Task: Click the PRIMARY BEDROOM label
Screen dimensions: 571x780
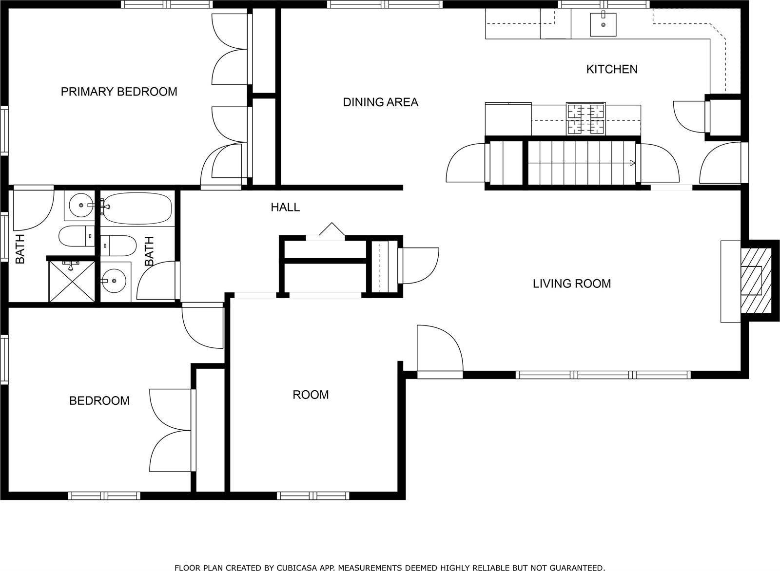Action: coord(119,92)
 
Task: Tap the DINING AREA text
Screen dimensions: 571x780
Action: coord(380,102)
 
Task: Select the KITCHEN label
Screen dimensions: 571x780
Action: coord(611,69)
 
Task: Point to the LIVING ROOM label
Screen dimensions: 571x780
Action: coord(571,284)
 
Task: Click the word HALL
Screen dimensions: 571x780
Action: coord(285,208)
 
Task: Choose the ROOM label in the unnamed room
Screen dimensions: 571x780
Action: coord(311,395)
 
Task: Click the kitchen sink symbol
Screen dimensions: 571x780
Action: coord(603,24)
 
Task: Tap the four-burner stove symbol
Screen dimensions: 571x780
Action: coord(585,119)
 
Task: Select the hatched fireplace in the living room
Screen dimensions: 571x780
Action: coord(756,280)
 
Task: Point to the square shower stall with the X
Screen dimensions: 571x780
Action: coord(72,282)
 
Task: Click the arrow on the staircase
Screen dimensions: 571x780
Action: coord(632,163)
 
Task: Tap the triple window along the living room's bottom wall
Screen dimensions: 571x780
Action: coord(603,375)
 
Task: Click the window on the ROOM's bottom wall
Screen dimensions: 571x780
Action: coord(313,495)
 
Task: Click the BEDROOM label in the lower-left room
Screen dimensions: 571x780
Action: coord(99,401)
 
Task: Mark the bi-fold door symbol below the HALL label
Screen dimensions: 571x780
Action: coord(331,231)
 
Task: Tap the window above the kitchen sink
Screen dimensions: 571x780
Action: coord(603,4)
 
